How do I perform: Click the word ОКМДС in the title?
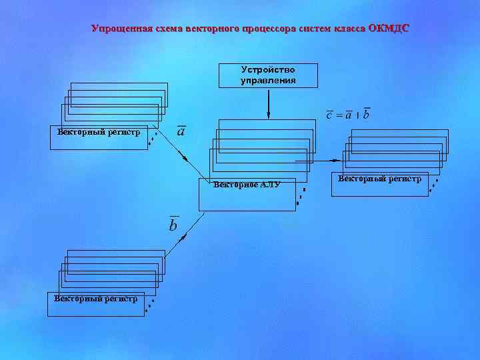pos(389,29)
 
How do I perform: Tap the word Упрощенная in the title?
pos(121,29)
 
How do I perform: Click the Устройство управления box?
pos(268,75)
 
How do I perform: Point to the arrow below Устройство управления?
pos(268,103)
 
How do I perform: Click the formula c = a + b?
pos(347,115)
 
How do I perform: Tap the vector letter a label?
pos(181,131)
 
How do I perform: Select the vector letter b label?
pos(173,225)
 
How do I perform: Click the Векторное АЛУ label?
pos(247,185)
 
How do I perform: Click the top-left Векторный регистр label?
pos(99,132)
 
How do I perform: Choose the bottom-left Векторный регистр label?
pos(96,299)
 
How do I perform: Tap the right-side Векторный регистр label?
pos(380,179)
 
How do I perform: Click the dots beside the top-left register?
pos(153,137)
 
